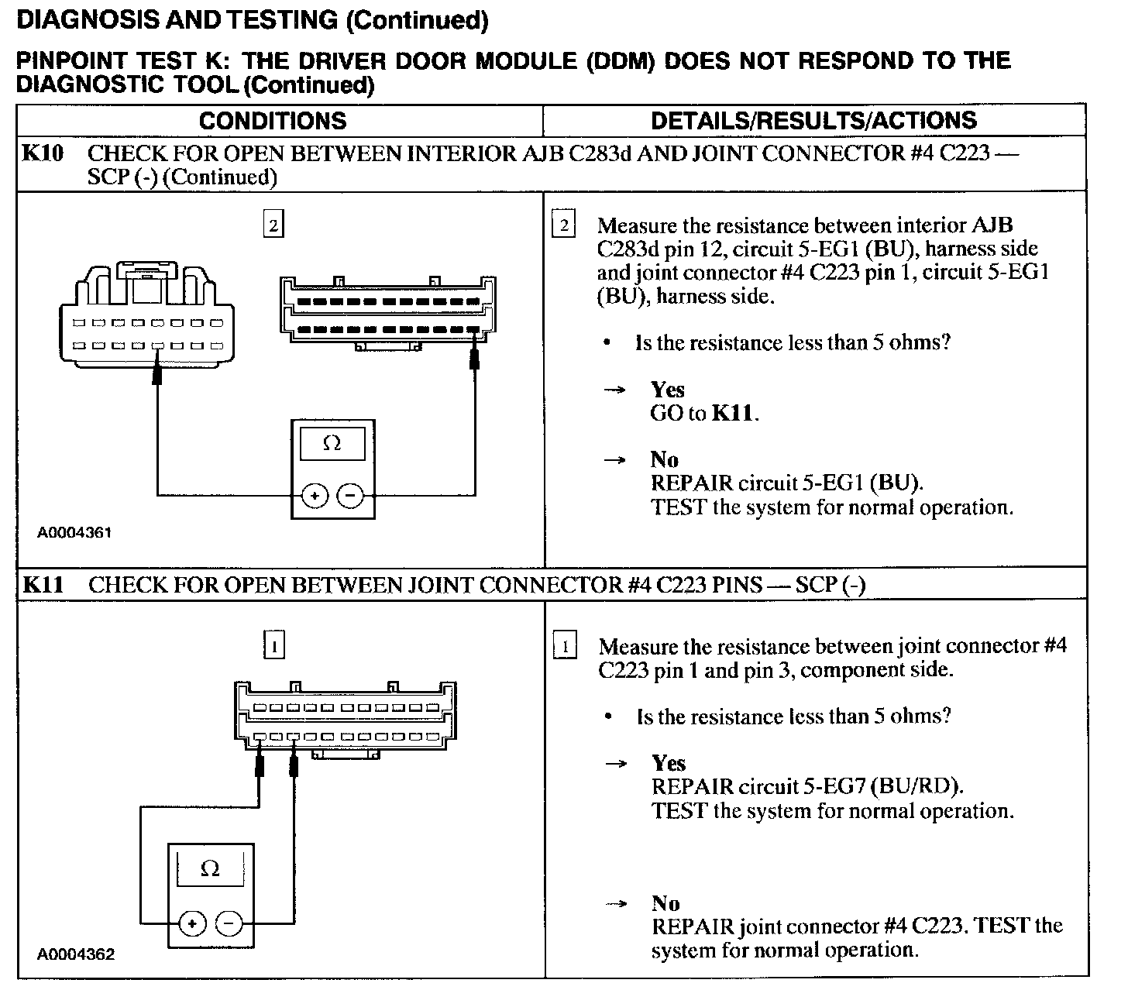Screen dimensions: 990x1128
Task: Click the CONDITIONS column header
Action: point(273,121)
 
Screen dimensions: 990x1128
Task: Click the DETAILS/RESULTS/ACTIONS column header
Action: point(813,121)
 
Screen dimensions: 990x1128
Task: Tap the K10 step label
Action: point(42,153)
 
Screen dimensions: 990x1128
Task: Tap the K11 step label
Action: point(42,584)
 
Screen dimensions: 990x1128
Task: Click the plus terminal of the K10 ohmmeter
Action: point(315,494)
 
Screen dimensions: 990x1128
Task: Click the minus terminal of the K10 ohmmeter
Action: point(351,494)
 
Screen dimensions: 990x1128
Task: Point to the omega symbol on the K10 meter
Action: point(332,443)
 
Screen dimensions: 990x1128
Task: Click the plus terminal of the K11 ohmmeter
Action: point(192,923)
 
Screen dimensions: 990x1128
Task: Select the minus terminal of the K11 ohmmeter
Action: point(229,923)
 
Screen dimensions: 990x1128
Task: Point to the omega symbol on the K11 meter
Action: point(210,869)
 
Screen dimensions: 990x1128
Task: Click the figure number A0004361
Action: point(75,534)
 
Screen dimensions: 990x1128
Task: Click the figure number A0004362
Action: point(76,954)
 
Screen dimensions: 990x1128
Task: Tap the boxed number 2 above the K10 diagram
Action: point(273,226)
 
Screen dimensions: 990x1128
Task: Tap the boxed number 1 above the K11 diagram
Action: point(274,645)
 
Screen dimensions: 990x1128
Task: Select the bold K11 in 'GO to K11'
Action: point(732,413)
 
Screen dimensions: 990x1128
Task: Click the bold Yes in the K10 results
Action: point(667,389)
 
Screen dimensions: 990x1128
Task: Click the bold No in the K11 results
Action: point(665,903)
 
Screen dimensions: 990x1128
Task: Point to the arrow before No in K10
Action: point(614,460)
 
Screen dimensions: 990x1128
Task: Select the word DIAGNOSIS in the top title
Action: point(86,20)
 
